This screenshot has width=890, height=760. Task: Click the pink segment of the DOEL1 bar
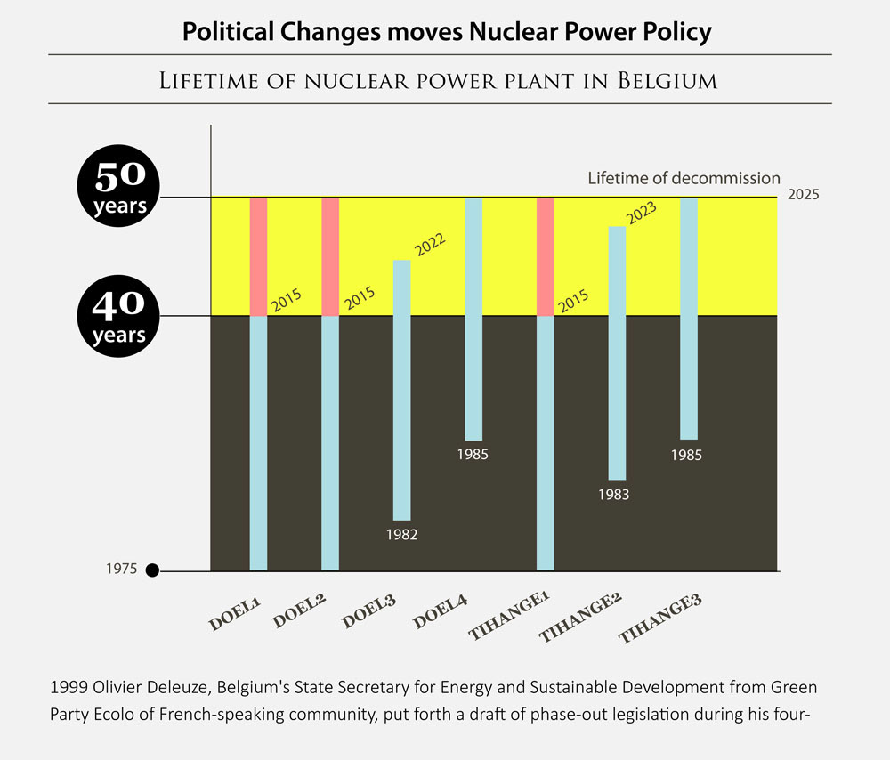coord(258,256)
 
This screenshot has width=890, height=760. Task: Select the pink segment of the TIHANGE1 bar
coord(546,256)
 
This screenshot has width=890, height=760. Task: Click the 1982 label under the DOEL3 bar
coord(401,535)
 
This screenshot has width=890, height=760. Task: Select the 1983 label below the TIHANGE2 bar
coord(614,495)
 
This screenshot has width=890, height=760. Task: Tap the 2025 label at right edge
coord(803,195)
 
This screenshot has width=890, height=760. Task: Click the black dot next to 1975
coord(152,570)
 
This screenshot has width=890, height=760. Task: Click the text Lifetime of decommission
coord(684,178)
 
